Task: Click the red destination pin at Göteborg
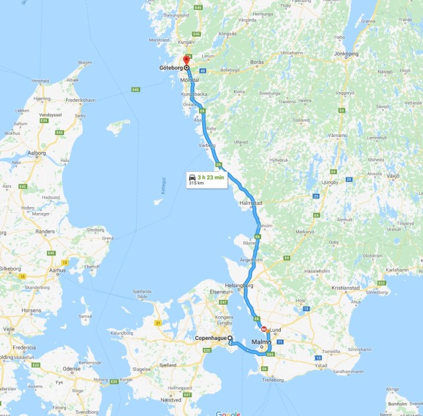coord(186,62)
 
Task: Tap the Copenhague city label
coord(207,338)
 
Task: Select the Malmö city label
coord(260,341)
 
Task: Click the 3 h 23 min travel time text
coord(211,178)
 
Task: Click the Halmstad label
coord(252,203)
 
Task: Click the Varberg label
coord(208,146)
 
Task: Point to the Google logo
coord(228,413)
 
